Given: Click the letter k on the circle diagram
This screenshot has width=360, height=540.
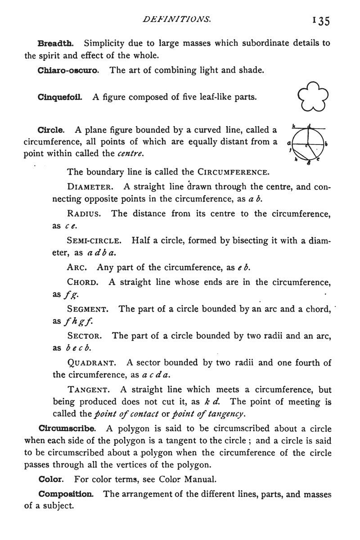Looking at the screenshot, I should [x=293, y=126].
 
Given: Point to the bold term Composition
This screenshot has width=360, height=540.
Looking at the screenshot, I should [x=66, y=494].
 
